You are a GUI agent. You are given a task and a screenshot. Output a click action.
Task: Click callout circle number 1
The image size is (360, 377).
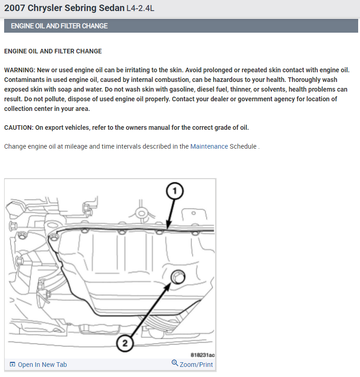175,191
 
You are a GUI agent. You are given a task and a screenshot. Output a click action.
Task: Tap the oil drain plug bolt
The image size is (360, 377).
178,277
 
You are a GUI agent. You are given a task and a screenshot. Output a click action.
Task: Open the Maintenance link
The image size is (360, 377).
209,146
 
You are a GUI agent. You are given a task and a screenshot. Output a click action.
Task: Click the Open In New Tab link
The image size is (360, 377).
42,365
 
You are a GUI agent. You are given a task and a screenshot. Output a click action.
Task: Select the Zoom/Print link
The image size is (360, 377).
196,365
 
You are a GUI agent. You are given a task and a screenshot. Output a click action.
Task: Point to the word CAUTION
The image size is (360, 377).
18,128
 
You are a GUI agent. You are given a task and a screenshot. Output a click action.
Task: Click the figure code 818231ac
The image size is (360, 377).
202,354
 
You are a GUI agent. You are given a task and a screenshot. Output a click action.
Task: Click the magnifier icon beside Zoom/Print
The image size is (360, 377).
175,363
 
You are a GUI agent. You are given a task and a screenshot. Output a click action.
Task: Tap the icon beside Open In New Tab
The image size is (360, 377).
12,365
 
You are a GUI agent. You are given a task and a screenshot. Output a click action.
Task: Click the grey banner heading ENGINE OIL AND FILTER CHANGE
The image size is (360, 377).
59,26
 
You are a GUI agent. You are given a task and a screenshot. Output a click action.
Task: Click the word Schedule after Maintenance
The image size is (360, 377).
243,146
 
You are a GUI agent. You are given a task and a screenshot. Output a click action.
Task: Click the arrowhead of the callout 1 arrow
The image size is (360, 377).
168,226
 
